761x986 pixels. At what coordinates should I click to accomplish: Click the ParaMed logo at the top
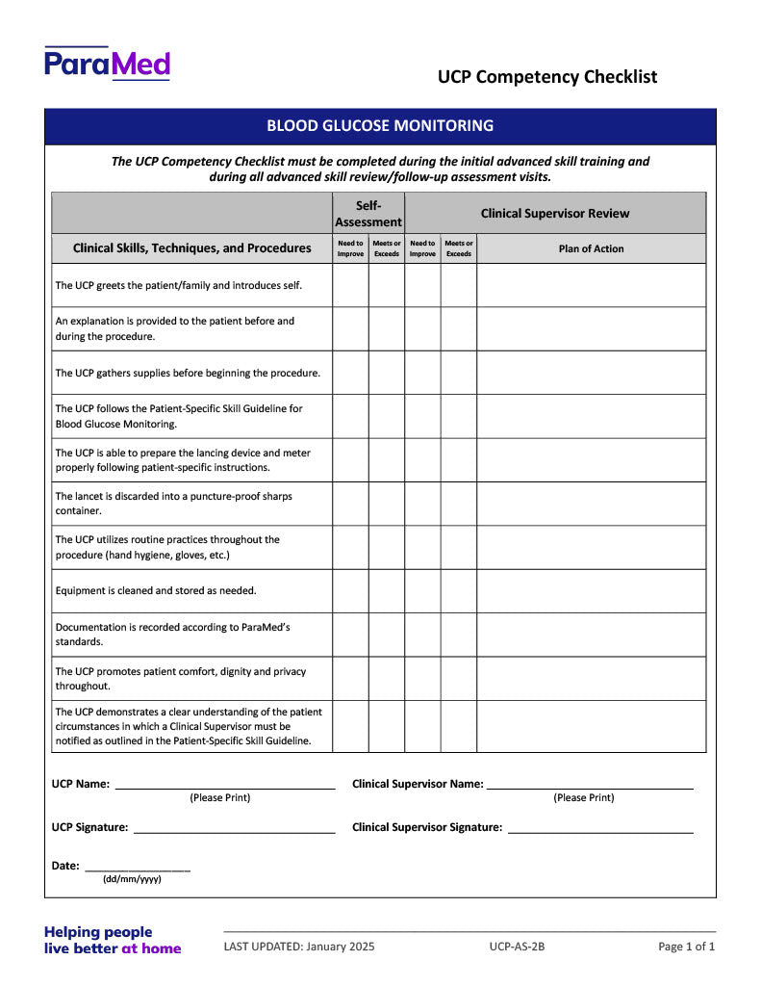[x=107, y=64]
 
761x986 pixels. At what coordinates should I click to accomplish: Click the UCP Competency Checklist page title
[x=547, y=77]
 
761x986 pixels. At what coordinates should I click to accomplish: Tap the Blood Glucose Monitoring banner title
[x=380, y=125]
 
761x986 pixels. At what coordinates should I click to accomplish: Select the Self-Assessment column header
[x=368, y=213]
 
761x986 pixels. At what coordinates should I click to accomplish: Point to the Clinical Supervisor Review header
[x=555, y=213]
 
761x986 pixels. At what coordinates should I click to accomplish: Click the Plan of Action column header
[x=591, y=248]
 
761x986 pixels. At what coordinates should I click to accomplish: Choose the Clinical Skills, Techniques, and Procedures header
[x=192, y=248]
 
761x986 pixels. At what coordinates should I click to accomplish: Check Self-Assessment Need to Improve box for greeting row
[x=350, y=285]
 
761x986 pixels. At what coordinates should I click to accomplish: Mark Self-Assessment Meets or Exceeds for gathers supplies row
[x=387, y=373]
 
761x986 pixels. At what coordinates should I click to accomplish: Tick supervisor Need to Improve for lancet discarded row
[x=422, y=504]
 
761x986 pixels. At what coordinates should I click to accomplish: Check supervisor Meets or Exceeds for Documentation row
[x=459, y=635]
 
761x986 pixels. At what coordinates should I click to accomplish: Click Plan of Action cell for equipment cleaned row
[x=591, y=590]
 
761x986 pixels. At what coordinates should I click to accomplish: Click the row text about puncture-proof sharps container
[x=173, y=504]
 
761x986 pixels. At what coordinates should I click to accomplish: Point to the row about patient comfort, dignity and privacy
[x=180, y=678]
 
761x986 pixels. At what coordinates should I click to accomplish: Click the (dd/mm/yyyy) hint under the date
[x=132, y=879]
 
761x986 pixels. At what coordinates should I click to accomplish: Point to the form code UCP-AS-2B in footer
[x=517, y=947]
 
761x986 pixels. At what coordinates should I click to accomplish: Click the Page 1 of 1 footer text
[x=686, y=947]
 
